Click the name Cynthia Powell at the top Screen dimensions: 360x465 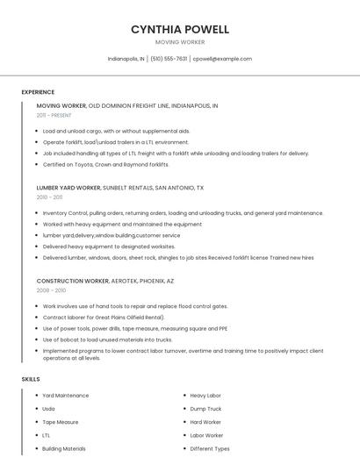180,29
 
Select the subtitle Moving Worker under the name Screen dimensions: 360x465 180,41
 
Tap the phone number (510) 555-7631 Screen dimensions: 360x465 169,59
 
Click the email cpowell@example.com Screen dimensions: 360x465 222,59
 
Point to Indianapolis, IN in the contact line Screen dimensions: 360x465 126,59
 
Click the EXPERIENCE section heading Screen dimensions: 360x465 38,92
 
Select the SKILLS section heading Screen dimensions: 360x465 30,379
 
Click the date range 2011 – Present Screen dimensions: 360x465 54,115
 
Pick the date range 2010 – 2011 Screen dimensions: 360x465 50,197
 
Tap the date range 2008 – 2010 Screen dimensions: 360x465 51,290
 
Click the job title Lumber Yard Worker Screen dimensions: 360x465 68,188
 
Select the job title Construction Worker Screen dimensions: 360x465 73,280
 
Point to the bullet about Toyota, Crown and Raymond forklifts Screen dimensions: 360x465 105,164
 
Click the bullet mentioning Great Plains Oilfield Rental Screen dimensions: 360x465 104,317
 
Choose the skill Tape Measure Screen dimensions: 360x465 61,422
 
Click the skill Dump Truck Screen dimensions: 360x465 205,409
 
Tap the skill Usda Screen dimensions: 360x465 48,409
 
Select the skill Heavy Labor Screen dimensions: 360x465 206,396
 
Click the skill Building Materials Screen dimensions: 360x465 64,448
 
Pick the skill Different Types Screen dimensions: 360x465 210,448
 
